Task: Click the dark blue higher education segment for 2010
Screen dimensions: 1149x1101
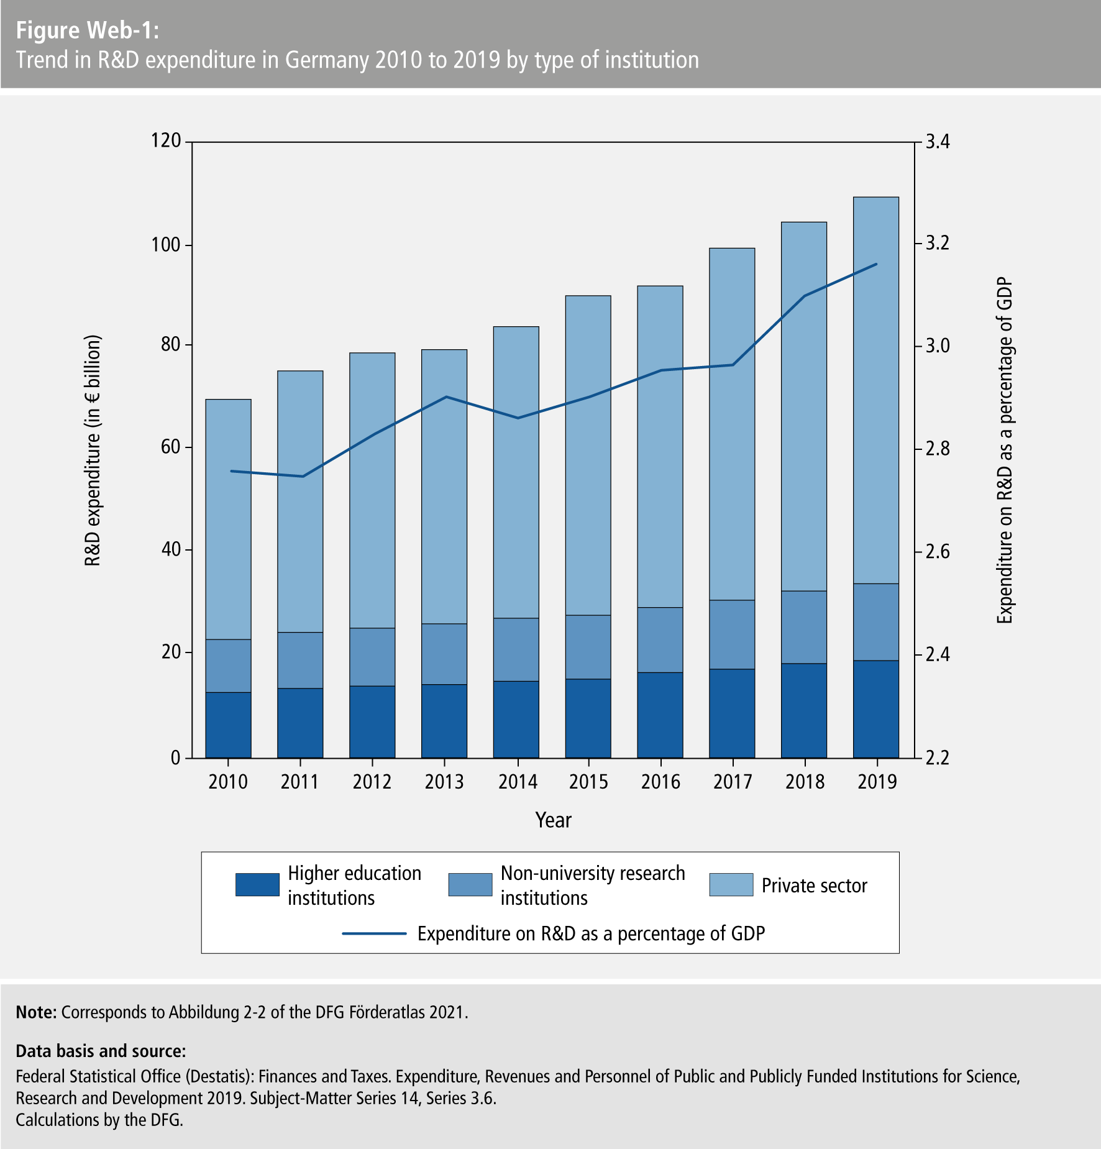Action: click(x=228, y=725)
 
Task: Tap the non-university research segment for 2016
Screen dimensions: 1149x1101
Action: click(x=660, y=639)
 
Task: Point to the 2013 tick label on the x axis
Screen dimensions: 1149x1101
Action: click(x=444, y=781)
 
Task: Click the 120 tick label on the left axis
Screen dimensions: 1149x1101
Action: click(x=166, y=141)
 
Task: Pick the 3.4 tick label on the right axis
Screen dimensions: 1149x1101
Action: click(x=938, y=142)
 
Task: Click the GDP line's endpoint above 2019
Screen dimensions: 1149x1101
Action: click(x=876, y=264)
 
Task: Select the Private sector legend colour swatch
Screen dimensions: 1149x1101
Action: click(x=731, y=885)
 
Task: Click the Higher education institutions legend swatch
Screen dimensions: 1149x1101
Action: click(x=257, y=885)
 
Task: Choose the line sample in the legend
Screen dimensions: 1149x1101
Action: click(x=374, y=933)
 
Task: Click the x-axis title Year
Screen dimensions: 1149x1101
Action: click(x=553, y=820)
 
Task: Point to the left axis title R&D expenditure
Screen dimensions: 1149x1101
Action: click(x=92, y=451)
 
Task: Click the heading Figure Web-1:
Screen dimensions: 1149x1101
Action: click(x=87, y=30)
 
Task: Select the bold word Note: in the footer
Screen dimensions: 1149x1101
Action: click(x=36, y=1012)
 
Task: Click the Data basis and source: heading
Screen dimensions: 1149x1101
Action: click(x=101, y=1051)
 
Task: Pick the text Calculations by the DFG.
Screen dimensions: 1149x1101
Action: click(x=99, y=1120)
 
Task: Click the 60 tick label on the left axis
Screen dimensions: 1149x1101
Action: click(x=170, y=447)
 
